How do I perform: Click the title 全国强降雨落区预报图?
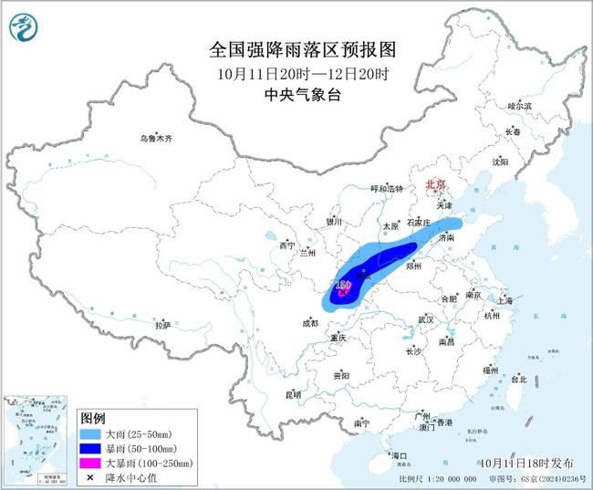[296, 49]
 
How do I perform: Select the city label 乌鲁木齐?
[155, 139]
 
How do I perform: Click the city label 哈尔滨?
[519, 107]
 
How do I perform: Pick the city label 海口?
[397, 454]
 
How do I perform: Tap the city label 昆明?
[293, 394]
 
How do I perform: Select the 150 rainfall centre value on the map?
[343, 286]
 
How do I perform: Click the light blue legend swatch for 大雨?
[90, 433]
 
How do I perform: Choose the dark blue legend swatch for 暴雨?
[90, 448]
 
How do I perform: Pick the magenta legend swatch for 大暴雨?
[90, 464]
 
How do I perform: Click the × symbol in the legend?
[90, 477]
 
